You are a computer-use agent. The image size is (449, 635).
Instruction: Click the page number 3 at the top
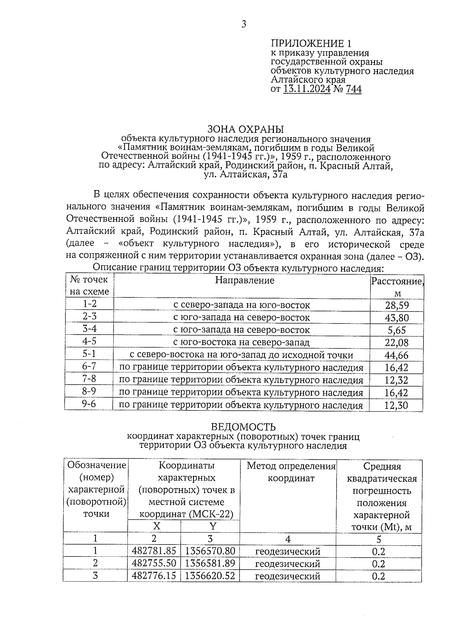point(244,25)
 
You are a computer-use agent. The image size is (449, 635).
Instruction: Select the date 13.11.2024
point(307,89)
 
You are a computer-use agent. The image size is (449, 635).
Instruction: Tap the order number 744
point(354,89)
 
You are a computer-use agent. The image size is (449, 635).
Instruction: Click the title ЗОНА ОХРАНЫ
point(245,129)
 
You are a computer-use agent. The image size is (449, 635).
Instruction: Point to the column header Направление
point(245,280)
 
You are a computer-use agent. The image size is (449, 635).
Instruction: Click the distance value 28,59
point(397,305)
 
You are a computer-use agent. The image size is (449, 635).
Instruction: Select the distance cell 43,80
point(397,318)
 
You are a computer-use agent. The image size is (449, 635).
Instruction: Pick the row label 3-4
point(89,329)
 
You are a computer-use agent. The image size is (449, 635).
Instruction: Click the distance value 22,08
point(397,343)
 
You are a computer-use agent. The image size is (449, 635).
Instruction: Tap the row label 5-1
point(89,354)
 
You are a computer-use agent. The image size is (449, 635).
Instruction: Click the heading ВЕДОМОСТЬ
point(243,427)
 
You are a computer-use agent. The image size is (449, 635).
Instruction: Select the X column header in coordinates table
point(156,526)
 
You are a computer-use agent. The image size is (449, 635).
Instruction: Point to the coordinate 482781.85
point(154,551)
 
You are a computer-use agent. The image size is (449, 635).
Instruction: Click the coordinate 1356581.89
point(210,564)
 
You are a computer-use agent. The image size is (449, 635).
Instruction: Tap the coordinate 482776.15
point(154,576)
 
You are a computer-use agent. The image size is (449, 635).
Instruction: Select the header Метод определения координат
point(291,472)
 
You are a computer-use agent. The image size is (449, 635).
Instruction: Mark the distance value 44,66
point(397,355)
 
